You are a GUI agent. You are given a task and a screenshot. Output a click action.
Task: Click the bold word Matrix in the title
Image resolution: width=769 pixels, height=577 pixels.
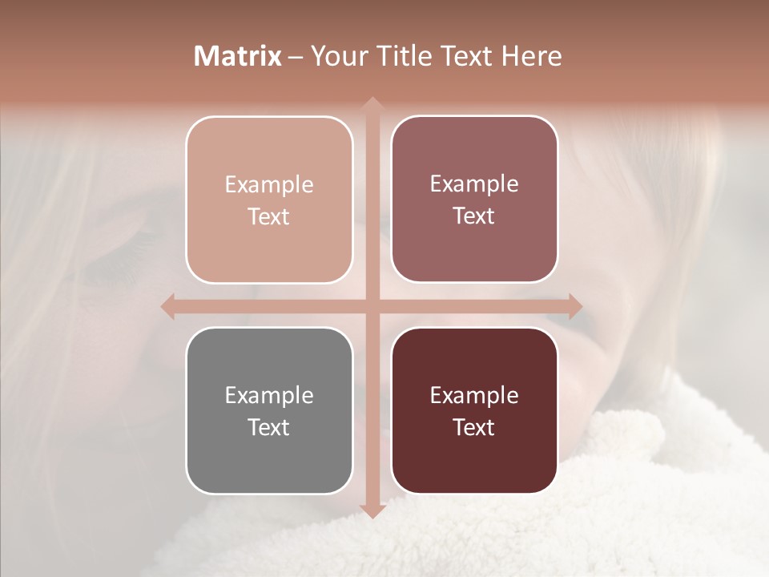[x=238, y=56]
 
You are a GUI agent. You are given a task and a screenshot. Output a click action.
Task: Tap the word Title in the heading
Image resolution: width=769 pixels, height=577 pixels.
[x=402, y=56]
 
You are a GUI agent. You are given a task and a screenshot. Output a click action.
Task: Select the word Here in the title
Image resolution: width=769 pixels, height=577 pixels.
[x=532, y=56]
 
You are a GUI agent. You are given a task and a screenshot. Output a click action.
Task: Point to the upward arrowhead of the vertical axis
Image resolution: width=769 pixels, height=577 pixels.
[x=372, y=104]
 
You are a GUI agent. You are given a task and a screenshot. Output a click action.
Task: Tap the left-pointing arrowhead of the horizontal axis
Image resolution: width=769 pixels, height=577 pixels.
[x=169, y=306]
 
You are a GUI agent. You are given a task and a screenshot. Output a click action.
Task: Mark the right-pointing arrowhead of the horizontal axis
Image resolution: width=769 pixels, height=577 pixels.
[x=574, y=306]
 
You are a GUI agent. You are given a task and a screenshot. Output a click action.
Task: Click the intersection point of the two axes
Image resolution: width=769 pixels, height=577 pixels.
[x=372, y=306]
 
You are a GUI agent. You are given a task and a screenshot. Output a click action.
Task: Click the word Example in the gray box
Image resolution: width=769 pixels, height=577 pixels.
[x=269, y=395]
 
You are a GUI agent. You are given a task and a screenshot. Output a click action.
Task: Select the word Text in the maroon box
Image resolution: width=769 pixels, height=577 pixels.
[x=474, y=427]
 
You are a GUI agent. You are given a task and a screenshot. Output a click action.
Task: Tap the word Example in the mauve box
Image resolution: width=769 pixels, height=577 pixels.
[x=474, y=184]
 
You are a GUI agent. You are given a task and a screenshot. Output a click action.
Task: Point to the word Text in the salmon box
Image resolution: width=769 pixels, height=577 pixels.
[x=269, y=216]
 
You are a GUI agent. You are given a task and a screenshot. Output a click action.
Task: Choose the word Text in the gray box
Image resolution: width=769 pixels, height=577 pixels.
[x=269, y=427]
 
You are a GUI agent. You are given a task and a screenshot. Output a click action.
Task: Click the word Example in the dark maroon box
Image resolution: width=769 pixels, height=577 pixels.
[x=474, y=395]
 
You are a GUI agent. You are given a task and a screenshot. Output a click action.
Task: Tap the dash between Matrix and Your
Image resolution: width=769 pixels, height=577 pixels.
[x=296, y=58]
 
